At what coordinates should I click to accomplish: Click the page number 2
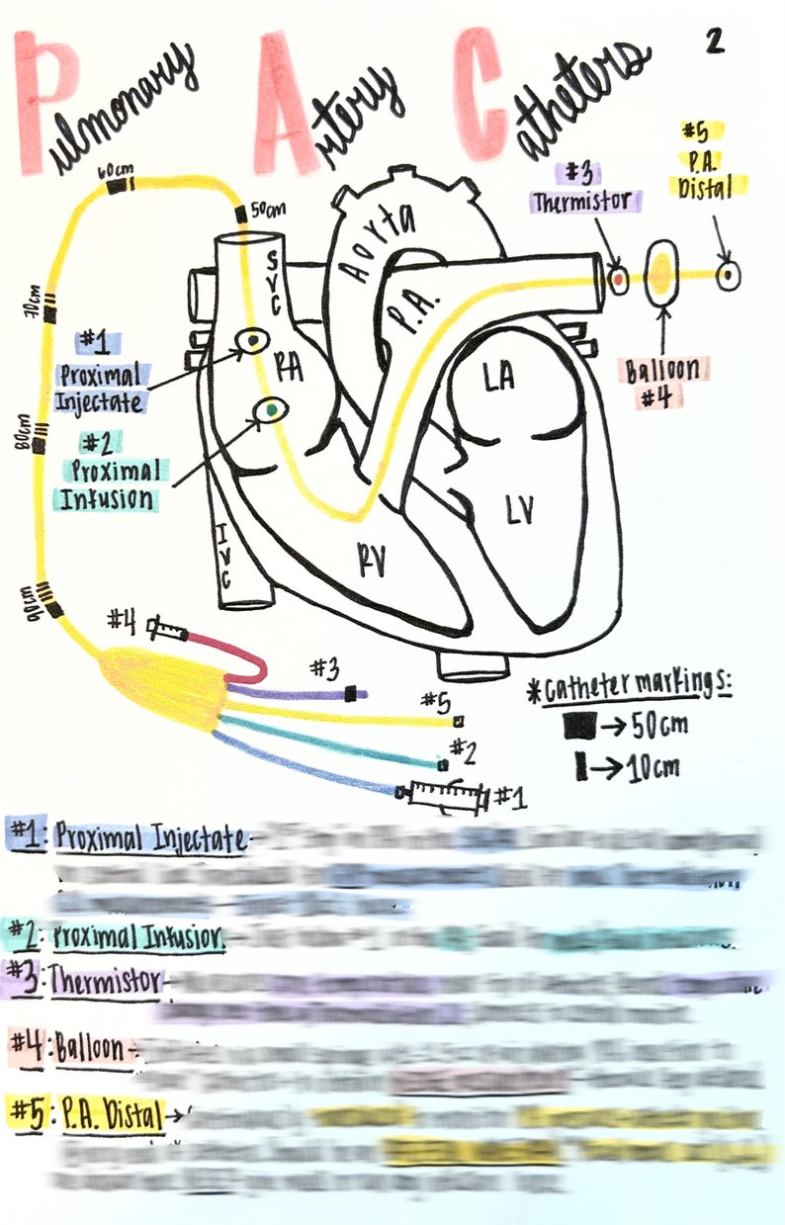(x=716, y=41)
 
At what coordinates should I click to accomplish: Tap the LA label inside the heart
(x=500, y=379)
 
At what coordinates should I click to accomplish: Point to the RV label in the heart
(x=371, y=560)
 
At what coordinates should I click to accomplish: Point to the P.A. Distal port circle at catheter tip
(x=729, y=275)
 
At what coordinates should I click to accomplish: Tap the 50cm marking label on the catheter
(x=268, y=211)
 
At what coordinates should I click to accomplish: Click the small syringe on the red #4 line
(x=166, y=628)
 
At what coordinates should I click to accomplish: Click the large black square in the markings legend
(x=580, y=727)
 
